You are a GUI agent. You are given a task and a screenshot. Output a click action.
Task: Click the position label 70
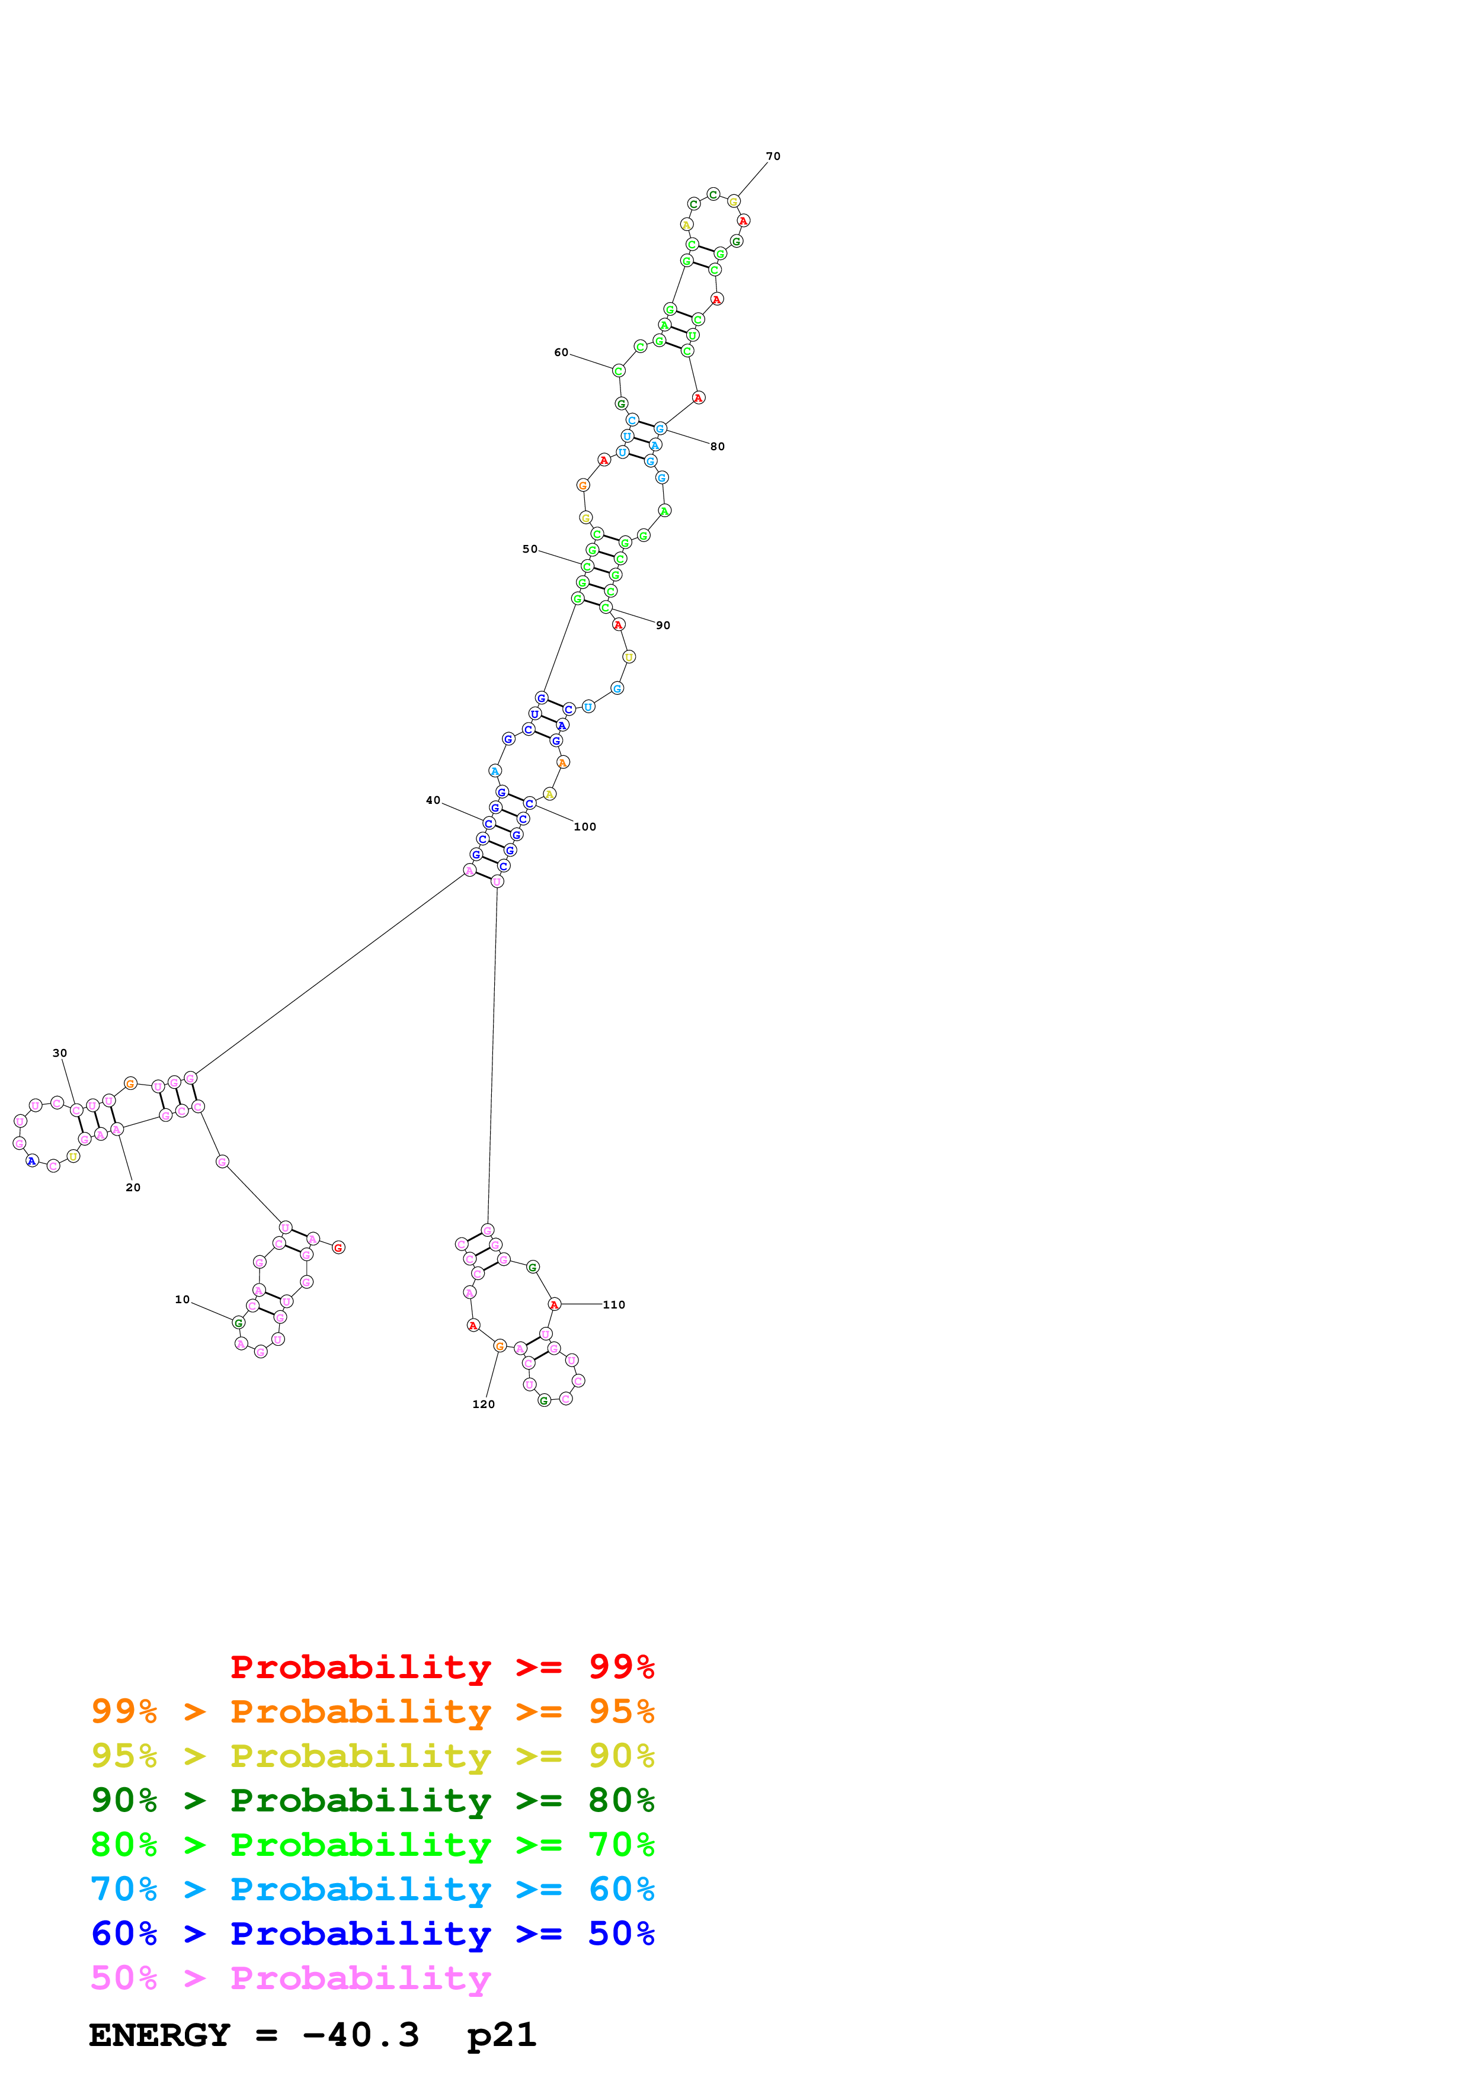coord(773,156)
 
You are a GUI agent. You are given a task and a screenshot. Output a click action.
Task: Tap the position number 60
coord(561,352)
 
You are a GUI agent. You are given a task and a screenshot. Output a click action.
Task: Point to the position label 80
coord(717,446)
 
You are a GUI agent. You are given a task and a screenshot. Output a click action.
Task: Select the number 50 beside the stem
coord(530,549)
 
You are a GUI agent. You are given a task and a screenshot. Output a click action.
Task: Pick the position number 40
coord(433,800)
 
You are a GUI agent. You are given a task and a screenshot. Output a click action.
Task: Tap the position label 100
coord(585,826)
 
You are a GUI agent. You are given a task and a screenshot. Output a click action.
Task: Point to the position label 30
coord(60,1053)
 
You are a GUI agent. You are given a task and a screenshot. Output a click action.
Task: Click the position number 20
coord(133,1188)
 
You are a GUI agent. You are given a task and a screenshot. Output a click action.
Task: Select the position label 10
coord(182,1300)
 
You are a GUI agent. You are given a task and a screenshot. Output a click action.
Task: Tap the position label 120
coord(484,1404)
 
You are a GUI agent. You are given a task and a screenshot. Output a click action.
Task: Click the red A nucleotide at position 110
coord(554,1304)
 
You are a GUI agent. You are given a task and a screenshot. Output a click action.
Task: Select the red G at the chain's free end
coord(338,1248)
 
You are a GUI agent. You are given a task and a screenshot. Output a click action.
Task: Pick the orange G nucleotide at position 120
coord(500,1346)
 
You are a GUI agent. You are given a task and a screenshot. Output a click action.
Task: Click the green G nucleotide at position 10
coord(239,1323)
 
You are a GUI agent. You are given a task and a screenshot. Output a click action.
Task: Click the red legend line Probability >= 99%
coord(441,1666)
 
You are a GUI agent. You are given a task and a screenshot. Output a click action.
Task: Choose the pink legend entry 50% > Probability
coord(290,1977)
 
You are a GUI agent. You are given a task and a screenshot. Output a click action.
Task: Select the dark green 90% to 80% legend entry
coord(372,1800)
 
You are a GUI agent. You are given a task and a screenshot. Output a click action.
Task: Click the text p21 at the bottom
coord(501,2035)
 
